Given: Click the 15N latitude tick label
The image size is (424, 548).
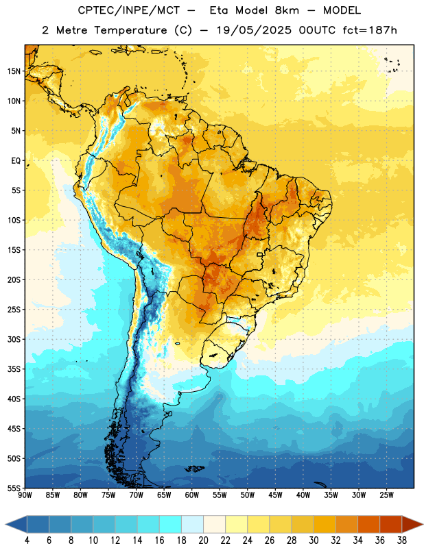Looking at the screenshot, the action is (x=14, y=71).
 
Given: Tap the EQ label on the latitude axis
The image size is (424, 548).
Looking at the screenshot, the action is (x=16, y=161).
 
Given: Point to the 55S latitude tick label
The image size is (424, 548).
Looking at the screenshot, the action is (x=14, y=488).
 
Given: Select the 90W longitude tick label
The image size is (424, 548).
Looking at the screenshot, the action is (x=25, y=495).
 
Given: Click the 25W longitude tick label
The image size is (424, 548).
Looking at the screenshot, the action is (x=386, y=495).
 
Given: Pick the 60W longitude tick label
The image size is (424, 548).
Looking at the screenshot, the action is (x=192, y=495).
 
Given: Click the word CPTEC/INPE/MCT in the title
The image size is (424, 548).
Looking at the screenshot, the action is (x=129, y=10).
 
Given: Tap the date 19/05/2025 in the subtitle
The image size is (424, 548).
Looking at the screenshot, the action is (x=253, y=30).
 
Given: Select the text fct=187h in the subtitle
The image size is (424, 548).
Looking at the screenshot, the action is (x=370, y=30).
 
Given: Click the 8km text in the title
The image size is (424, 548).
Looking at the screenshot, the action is (x=287, y=10).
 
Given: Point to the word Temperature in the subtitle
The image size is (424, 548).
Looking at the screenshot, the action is (x=130, y=30).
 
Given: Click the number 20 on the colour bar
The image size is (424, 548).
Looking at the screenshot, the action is (x=203, y=540).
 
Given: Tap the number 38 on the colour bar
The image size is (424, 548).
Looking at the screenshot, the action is (x=402, y=540).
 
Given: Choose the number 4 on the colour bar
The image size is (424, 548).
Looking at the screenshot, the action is (x=27, y=540).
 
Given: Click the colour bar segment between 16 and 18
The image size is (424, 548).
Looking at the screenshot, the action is (x=170, y=524).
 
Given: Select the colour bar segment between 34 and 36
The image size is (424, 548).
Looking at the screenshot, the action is (x=368, y=524).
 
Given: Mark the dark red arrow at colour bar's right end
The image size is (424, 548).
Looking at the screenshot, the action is (x=412, y=524).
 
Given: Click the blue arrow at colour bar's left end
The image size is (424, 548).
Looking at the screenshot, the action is (x=16, y=524).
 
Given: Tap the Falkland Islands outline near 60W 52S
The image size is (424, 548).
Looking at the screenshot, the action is (x=194, y=469).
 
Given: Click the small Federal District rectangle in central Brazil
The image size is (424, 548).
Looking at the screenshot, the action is (x=260, y=254).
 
